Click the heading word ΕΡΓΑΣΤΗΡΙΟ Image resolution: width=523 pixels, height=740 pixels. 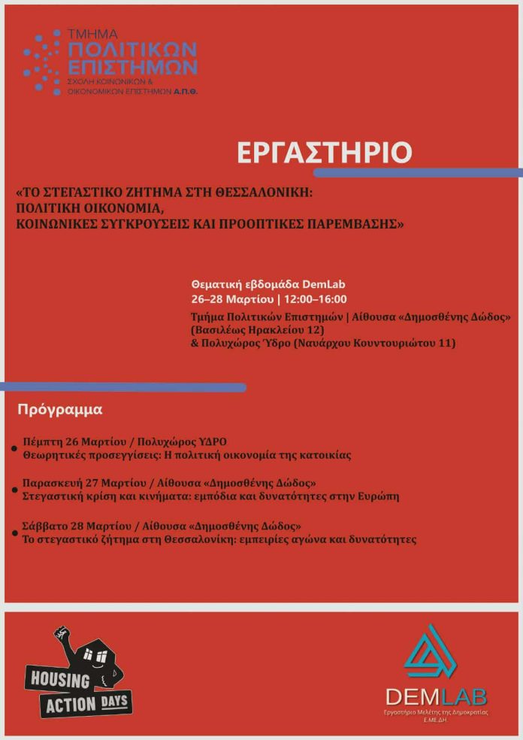click(x=325, y=152)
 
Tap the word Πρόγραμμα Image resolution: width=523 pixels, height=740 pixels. click(x=60, y=411)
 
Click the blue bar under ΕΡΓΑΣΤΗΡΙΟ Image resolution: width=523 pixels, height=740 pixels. click(x=418, y=173)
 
